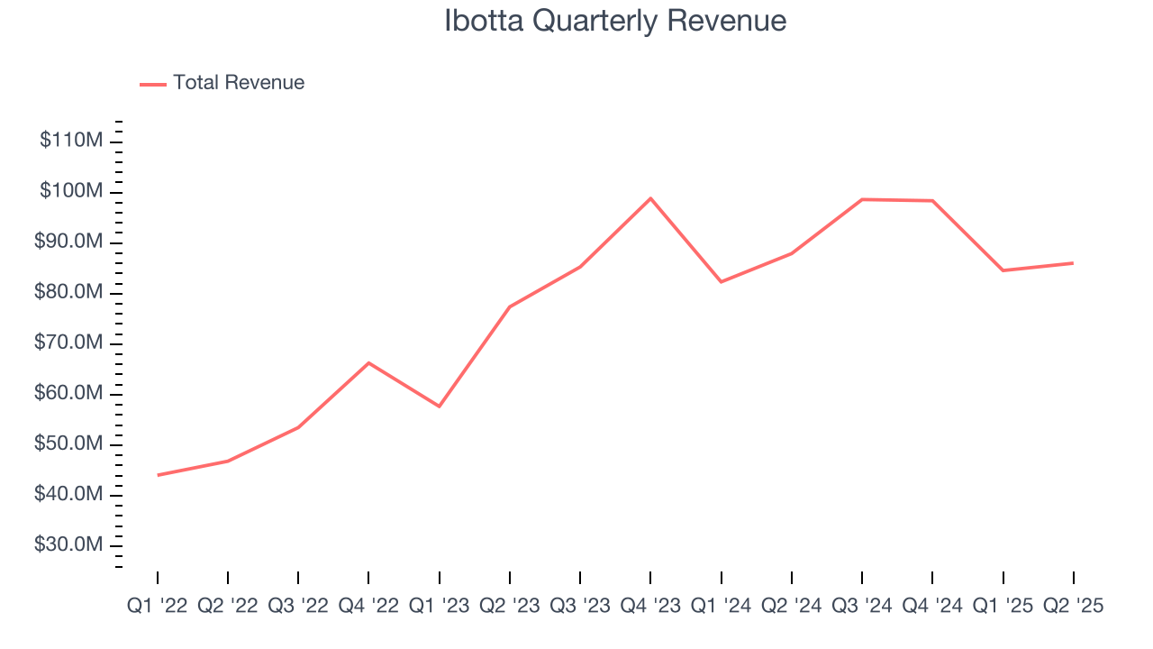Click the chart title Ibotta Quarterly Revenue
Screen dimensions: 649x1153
(615, 21)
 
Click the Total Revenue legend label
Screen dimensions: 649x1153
(239, 83)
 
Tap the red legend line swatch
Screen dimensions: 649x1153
(153, 84)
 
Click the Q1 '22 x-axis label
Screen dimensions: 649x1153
(158, 606)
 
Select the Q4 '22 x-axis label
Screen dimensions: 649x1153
(368, 606)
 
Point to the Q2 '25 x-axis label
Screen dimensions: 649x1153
(1073, 606)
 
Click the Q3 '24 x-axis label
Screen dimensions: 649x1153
(862, 606)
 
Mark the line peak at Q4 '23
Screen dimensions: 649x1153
(650, 198)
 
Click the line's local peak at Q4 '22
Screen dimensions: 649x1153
(368, 362)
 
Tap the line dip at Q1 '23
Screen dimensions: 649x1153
(440, 407)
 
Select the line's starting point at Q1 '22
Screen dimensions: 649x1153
(158, 475)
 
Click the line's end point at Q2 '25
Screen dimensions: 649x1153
(1073, 263)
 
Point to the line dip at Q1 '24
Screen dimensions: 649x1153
(721, 282)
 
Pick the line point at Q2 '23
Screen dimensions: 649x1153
(510, 306)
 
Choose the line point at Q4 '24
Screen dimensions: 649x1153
(932, 200)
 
